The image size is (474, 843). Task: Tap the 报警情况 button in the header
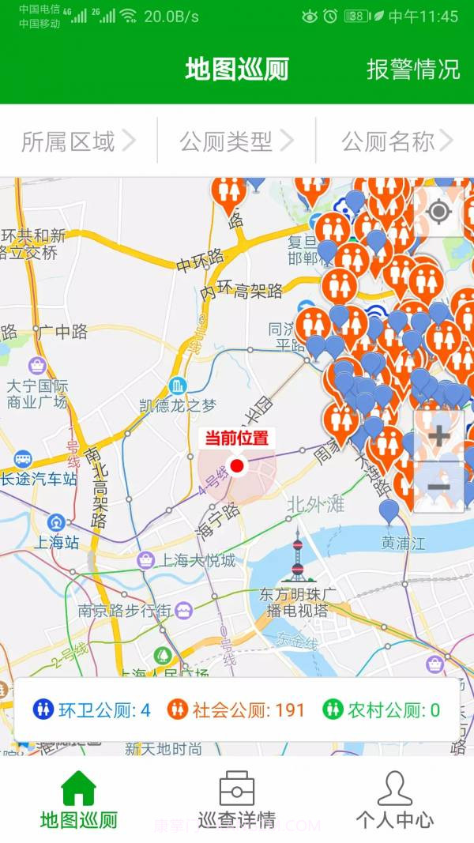tap(412, 69)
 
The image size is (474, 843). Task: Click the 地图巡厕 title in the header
tap(237, 69)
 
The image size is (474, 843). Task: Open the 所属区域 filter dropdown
tap(78, 141)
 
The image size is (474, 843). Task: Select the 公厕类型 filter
tap(236, 141)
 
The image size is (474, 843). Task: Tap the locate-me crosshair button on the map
tap(438, 212)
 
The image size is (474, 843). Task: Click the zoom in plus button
tap(438, 435)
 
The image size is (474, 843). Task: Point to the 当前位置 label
tap(237, 438)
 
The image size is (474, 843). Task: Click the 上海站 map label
tap(55, 542)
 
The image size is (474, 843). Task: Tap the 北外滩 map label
tap(316, 504)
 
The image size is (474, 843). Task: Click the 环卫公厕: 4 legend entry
tap(92, 709)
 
